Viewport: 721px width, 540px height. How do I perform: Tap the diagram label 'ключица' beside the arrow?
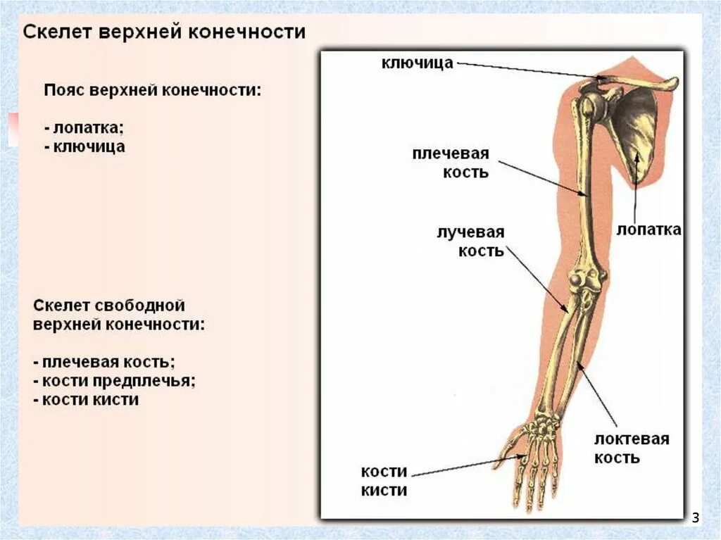417,63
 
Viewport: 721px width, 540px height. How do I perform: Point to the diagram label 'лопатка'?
648,230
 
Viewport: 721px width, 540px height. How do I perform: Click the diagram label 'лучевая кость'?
470,241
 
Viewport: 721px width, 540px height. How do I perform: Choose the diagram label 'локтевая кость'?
631,448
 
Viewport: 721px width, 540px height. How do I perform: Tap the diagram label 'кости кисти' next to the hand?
384,481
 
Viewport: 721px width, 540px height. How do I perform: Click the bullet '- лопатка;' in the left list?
83,128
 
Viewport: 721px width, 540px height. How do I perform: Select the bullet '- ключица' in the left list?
84,147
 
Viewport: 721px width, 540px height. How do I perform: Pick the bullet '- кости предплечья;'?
114,381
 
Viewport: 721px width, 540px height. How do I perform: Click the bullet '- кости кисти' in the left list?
86,400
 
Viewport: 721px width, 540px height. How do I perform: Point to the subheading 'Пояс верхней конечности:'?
152,91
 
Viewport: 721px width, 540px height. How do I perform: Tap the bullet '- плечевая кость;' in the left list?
104,362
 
